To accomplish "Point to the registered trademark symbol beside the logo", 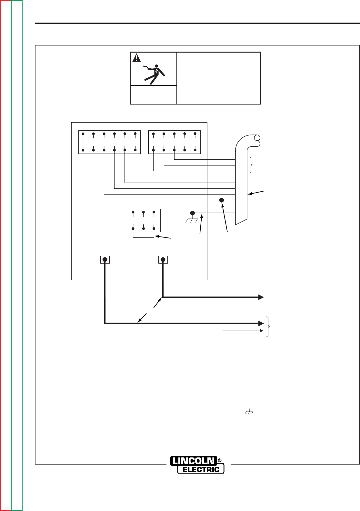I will (x=220, y=460).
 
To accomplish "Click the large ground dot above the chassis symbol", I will (x=193, y=213).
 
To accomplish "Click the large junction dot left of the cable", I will (x=222, y=200).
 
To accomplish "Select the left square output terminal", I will (x=105, y=260).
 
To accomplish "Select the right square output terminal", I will (x=163, y=260).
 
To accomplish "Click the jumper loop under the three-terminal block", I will (x=144, y=238).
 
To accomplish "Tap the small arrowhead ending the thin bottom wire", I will (x=262, y=331).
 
